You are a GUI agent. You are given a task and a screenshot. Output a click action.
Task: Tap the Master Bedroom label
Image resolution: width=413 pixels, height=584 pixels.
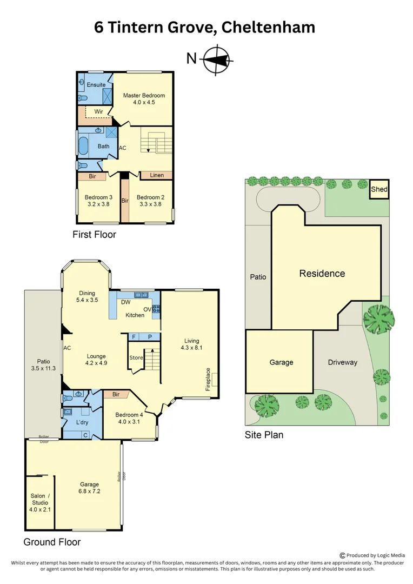(144, 95)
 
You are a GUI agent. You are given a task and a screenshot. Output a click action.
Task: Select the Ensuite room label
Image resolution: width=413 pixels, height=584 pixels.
(96, 84)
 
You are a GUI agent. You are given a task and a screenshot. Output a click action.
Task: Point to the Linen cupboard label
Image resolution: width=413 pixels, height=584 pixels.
(157, 175)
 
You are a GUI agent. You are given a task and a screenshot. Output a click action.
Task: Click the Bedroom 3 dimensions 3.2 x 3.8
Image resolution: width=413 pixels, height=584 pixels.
(99, 204)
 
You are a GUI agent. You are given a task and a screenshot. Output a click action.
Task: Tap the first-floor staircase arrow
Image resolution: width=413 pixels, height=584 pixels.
(148, 150)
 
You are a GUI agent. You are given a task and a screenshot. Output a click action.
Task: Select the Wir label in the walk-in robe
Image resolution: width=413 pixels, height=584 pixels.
(99, 111)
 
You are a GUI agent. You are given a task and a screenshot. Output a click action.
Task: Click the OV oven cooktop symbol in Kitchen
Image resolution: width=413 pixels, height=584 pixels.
(156, 309)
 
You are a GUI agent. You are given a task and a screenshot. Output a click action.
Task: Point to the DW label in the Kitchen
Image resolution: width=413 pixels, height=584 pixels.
(125, 302)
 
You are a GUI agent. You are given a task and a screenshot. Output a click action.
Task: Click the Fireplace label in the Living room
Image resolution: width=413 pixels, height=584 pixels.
(208, 379)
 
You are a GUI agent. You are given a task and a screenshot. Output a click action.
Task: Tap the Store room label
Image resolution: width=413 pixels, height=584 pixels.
(136, 357)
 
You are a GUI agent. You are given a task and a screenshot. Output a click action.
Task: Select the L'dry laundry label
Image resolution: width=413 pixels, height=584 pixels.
(82, 422)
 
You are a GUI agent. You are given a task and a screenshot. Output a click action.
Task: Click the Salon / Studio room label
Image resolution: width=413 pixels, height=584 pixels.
(40, 499)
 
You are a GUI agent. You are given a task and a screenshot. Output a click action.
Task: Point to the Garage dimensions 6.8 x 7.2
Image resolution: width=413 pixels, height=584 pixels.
(89, 491)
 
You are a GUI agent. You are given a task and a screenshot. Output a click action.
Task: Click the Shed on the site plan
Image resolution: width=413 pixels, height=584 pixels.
(379, 189)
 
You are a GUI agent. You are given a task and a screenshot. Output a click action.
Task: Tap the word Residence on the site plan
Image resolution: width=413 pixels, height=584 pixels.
(322, 274)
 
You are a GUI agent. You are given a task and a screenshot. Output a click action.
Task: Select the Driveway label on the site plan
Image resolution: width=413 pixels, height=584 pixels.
(343, 362)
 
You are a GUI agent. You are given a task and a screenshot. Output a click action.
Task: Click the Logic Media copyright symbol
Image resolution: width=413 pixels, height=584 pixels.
(342, 555)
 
